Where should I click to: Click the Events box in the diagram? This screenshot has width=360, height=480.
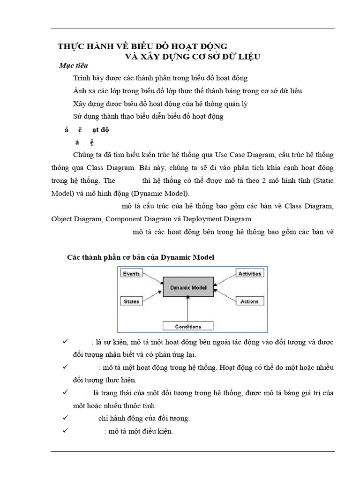(132, 273)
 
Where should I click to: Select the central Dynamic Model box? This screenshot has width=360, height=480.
(187, 287)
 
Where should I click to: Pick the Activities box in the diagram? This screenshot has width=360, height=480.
(249, 273)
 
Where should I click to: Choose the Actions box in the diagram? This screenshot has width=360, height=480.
(249, 301)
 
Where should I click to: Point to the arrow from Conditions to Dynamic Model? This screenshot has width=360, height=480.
(188, 309)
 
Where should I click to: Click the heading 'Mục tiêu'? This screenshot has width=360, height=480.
(74, 66)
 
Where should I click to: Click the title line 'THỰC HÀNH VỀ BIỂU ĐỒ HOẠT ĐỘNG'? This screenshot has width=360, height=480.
(142, 46)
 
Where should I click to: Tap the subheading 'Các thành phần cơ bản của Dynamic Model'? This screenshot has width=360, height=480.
(141, 257)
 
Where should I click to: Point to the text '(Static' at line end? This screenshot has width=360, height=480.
(323, 180)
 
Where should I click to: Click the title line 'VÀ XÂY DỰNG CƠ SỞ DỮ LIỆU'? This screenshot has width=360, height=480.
(192, 56)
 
